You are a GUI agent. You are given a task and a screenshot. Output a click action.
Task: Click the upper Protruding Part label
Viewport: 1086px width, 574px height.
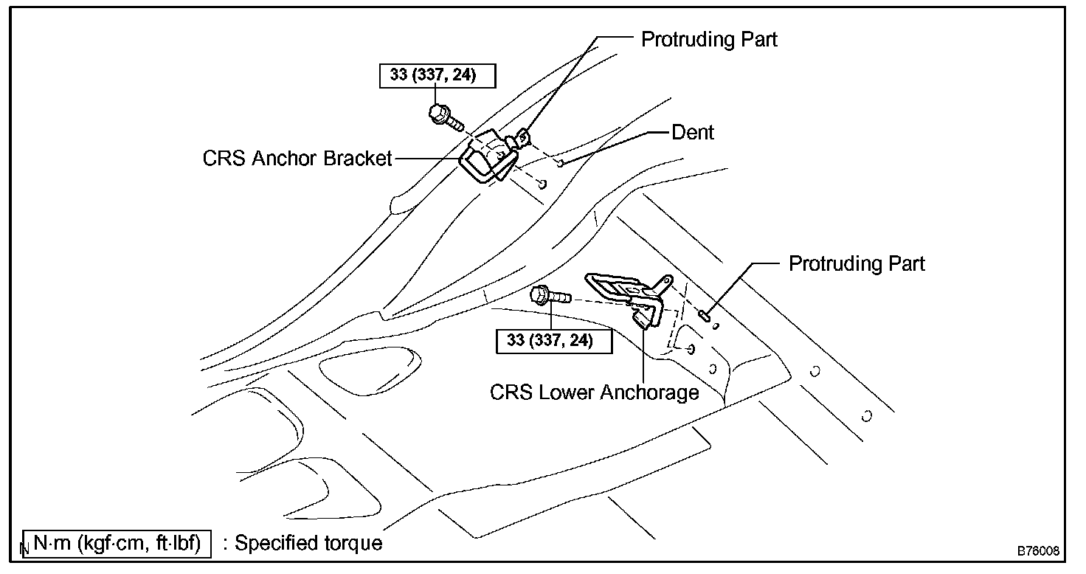pos(709,39)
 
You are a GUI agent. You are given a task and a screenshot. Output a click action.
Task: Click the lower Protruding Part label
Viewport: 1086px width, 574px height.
pos(857,263)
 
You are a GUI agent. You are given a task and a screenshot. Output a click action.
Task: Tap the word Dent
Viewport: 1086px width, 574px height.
pos(693,133)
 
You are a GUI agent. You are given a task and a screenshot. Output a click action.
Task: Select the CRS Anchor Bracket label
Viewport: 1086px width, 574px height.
pos(297,159)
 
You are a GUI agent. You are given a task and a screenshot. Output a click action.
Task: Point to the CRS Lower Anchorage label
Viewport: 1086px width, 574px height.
pos(594,392)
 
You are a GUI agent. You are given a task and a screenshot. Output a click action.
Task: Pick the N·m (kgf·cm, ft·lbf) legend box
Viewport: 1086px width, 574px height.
pos(117,543)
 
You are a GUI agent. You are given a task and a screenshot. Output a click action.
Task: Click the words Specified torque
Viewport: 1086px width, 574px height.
pos(308,543)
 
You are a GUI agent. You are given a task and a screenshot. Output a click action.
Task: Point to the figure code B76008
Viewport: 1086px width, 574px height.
pos(1038,551)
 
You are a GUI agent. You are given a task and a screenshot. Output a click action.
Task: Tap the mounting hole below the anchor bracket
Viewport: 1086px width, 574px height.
pos(543,184)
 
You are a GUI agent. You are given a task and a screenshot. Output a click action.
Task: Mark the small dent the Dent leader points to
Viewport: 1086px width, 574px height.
pos(561,163)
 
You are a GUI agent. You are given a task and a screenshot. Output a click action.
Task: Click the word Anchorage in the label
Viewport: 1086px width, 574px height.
pos(649,392)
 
